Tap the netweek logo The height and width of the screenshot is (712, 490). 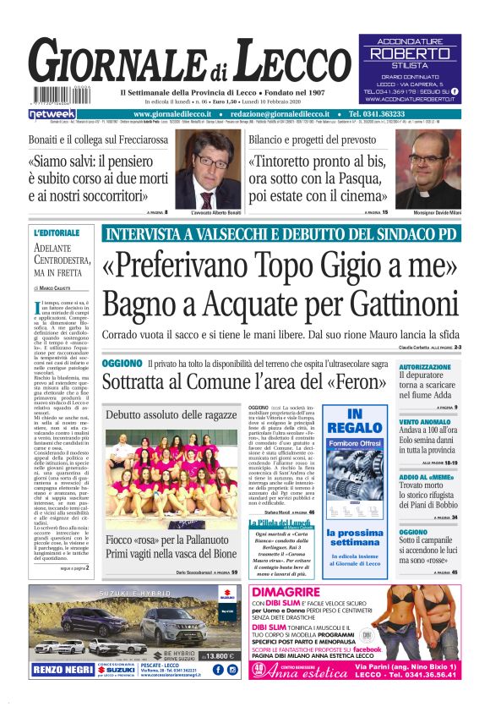tap(52, 113)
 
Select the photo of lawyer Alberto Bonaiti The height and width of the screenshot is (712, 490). tap(206, 168)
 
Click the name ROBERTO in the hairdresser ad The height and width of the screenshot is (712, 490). tap(409, 53)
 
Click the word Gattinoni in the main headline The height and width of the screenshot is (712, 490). tap(392, 299)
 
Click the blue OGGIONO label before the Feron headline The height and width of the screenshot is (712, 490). tap(122, 363)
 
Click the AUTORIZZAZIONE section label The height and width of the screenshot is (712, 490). tap(426, 367)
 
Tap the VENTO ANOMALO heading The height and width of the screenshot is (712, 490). tap(426, 421)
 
